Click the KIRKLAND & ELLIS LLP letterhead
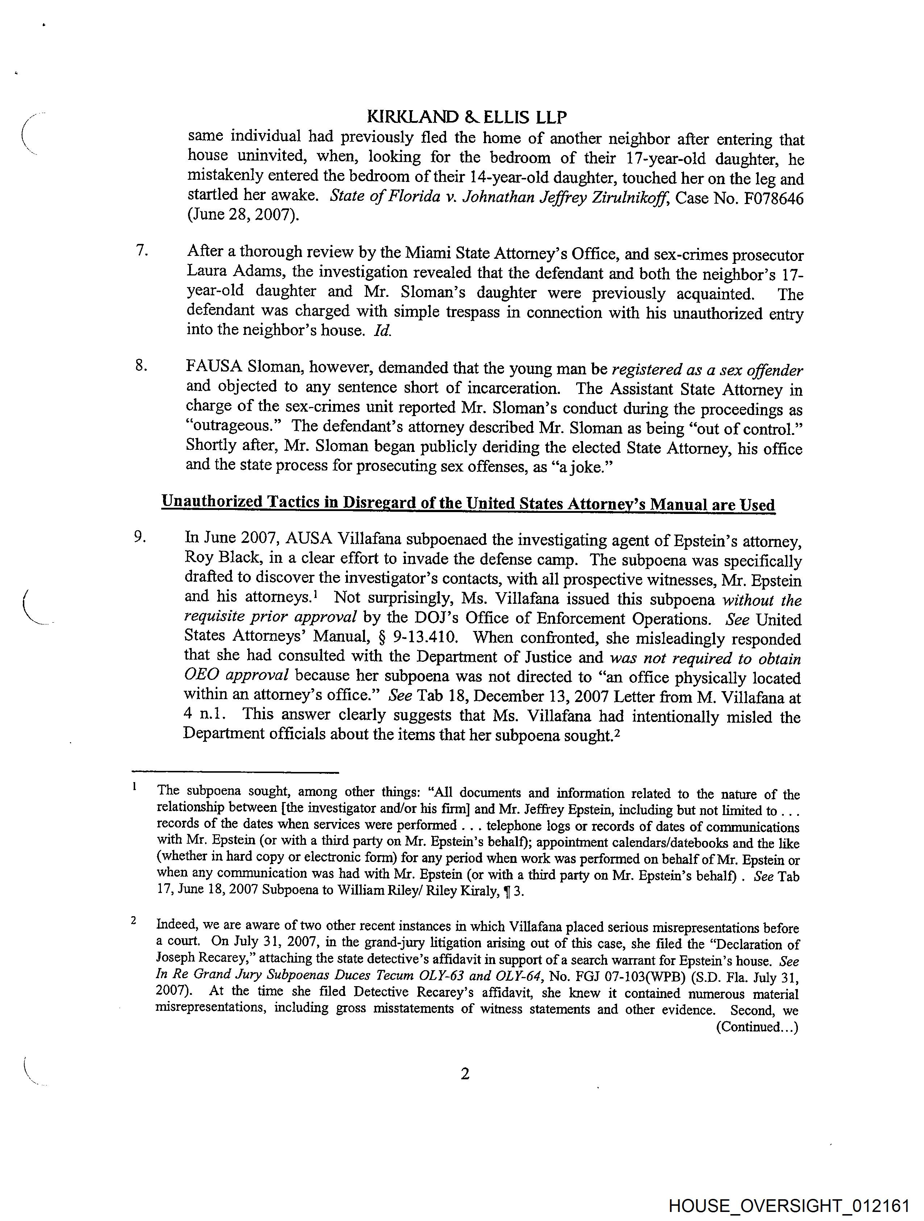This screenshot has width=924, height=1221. (x=466, y=117)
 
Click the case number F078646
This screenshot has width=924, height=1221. (x=774, y=198)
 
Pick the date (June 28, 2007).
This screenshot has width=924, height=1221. (x=244, y=215)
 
